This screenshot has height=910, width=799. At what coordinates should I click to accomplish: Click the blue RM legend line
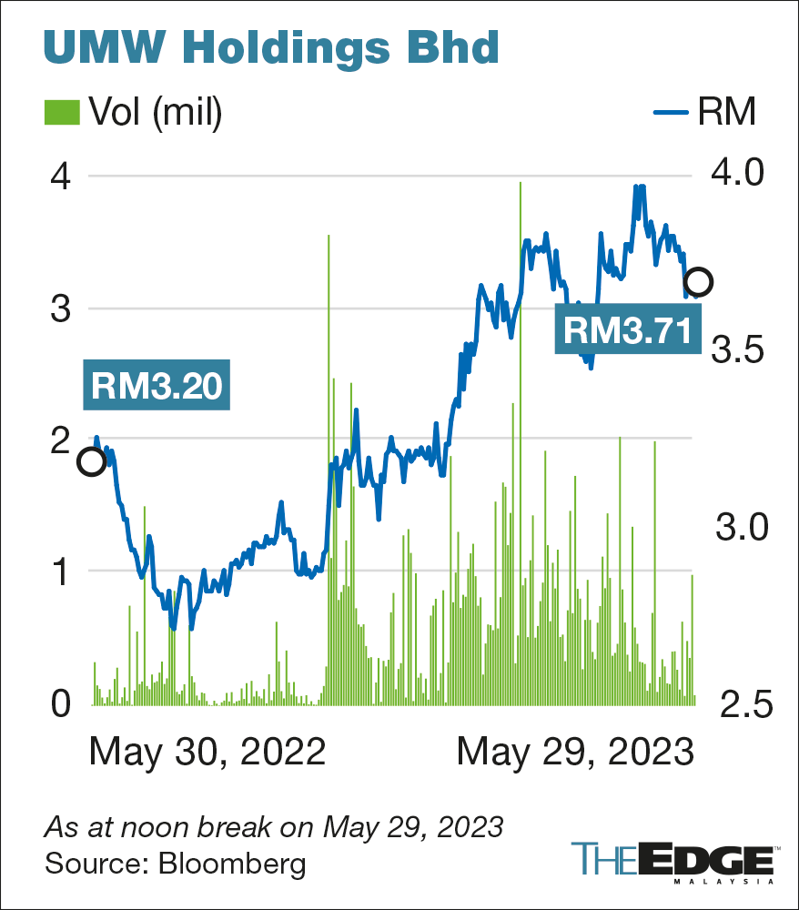pyautogui.click(x=673, y=112)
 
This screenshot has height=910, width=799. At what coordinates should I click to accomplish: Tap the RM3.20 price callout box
pyautogui.click(x=156, y=386)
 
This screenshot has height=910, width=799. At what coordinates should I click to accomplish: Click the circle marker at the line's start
pyautogui.click(x=91, y=461)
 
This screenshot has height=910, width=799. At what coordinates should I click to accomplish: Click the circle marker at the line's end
pyautogui.click(x=698, y=281)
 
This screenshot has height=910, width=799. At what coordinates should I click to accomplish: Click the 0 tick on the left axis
pyautogui.click(x=60, y=703)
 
